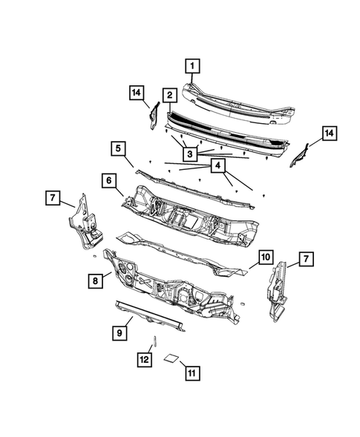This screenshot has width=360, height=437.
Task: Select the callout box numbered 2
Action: tap(170, 94)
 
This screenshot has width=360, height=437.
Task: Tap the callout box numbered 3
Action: tap(191, 154)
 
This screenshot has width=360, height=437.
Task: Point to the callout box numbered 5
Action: tap(117, 148)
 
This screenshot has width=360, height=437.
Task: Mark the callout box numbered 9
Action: tap(118, 333)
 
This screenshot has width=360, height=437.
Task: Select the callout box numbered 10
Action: tap(264, 257)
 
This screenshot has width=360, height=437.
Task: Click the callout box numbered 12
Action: tap(144, 360)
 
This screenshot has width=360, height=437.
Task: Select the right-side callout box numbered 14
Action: tap(329, 133)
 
